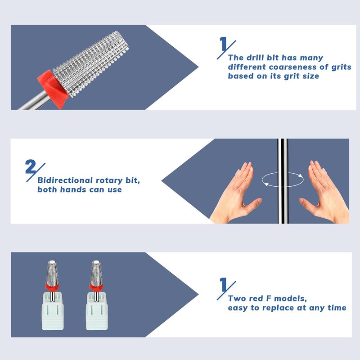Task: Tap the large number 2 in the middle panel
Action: [31, 166]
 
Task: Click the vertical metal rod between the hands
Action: [283, 181]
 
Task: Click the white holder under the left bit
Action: [53, 311]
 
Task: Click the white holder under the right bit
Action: [97, 311]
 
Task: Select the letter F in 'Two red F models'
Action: [269, 298]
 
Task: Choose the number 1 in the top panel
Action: [223, 44]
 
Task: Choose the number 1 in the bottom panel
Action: [223, 284]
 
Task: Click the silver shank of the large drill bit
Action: [35, 100]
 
